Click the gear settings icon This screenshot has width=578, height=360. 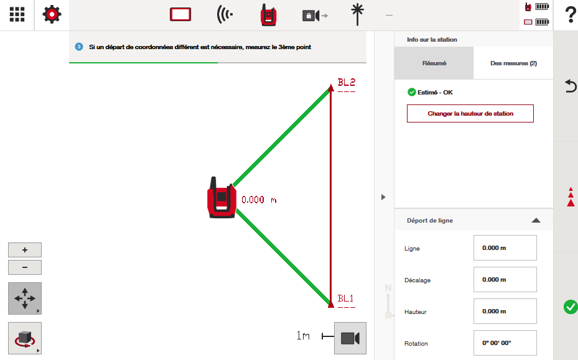(52, 14)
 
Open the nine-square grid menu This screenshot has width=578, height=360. (17, 14)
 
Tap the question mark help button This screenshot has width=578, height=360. (571, 15)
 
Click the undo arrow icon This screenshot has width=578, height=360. (571, 86)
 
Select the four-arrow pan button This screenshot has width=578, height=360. (25, 298)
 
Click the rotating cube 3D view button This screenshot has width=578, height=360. (25, 338)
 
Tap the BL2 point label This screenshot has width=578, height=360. (347, 82)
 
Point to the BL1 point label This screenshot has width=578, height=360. (346, 298)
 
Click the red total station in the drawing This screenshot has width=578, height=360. (221, 198)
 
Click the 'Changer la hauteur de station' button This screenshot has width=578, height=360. (470, 114)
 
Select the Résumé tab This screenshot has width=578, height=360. (434, 63)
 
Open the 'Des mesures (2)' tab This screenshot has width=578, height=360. (513, 63)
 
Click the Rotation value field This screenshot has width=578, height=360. (505, 343)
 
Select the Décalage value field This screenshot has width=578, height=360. (505, 279)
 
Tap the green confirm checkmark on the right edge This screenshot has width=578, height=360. (571, 307)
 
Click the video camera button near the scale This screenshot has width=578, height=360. (350, 338)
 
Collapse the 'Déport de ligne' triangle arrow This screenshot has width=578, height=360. (536, 220)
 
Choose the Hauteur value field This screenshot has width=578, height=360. (505, 311)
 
